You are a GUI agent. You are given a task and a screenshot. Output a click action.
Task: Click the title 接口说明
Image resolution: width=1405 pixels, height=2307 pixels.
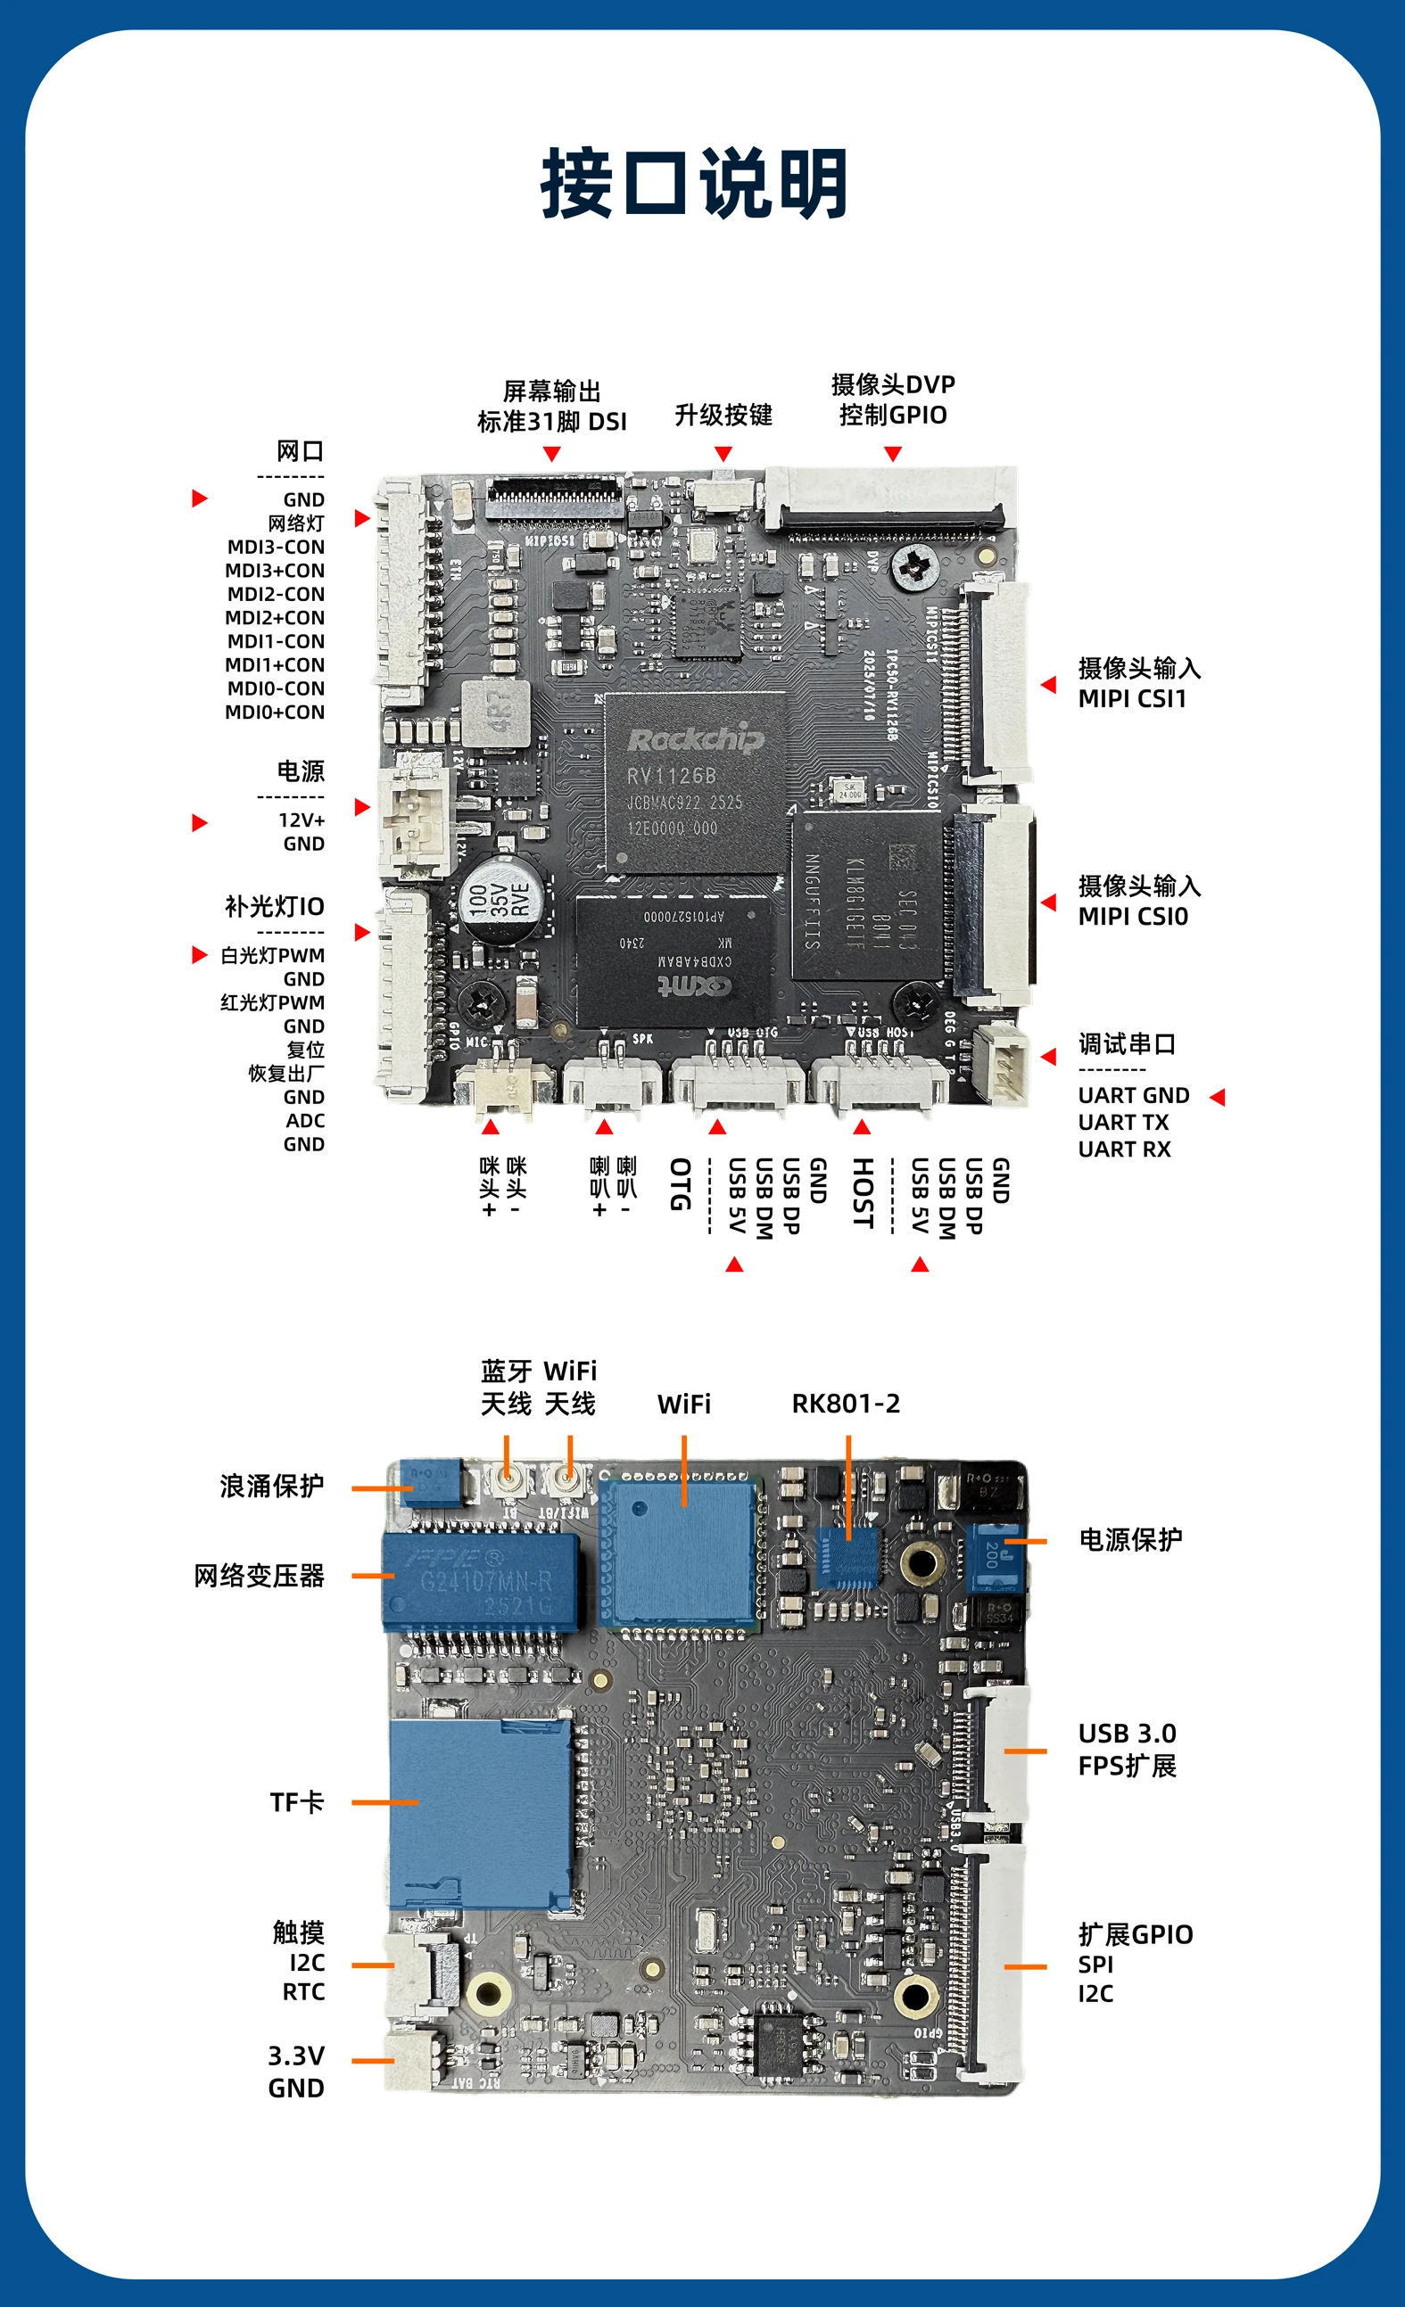(x=694, y=184)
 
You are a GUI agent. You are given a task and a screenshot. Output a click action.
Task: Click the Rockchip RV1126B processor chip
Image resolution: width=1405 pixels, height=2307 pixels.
(x=694, y=783)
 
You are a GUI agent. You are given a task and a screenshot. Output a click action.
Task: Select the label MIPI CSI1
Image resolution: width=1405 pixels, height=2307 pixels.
(x=1131, y=699)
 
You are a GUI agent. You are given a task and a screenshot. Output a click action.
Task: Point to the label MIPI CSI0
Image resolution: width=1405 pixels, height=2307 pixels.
(x=1132, y=917)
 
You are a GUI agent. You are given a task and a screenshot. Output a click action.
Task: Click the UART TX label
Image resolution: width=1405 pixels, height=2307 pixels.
(x=1123, y=1122)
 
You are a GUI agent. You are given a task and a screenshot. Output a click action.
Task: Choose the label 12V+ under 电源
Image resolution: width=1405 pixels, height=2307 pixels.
(x=302, y=820)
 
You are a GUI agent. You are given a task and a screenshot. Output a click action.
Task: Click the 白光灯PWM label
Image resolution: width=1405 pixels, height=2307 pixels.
(x=273, y=956)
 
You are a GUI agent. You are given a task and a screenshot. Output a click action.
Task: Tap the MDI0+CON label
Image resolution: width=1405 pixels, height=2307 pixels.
(x=275, y=713)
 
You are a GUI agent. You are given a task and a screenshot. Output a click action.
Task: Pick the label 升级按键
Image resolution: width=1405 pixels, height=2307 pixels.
(x=723, y=415)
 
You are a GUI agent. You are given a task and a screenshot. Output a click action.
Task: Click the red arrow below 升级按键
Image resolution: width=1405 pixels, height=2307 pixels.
(x=723, y=454)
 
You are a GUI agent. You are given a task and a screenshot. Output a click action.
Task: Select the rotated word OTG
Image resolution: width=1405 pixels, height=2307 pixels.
(x=680, y=1184)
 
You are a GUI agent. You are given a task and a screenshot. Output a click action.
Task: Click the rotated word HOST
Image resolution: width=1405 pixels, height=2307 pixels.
(x=863, y=1193)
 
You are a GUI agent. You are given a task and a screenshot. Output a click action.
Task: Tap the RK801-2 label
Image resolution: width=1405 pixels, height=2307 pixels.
(x=846, y=1404)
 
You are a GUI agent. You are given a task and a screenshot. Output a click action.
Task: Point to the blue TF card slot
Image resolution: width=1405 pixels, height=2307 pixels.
(x=480, y=1814)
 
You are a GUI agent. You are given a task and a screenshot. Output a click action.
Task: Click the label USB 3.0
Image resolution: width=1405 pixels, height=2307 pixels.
(x=1127, y=1734)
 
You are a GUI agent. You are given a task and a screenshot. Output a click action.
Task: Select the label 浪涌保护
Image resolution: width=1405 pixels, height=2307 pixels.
(x=271, y=1486)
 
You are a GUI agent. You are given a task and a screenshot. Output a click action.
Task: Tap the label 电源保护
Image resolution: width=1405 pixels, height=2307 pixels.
(x=1129, y=1539)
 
